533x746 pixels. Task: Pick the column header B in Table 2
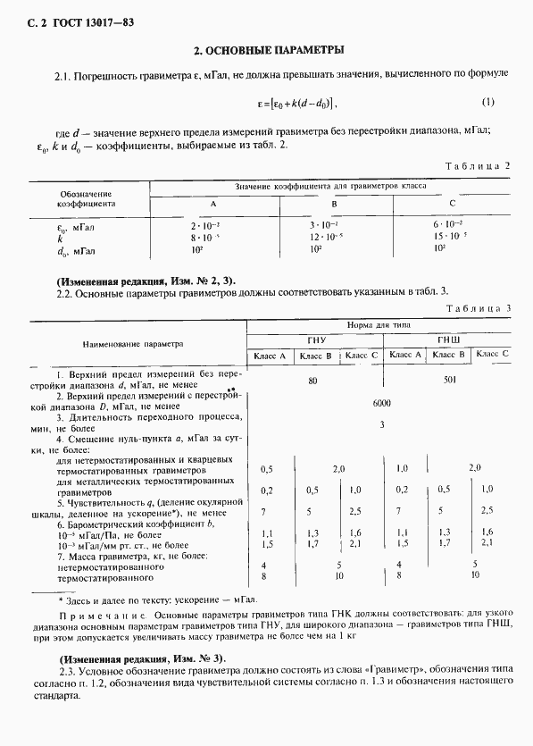point(335,205)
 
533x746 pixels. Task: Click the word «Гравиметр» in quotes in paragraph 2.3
point(396,670)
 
